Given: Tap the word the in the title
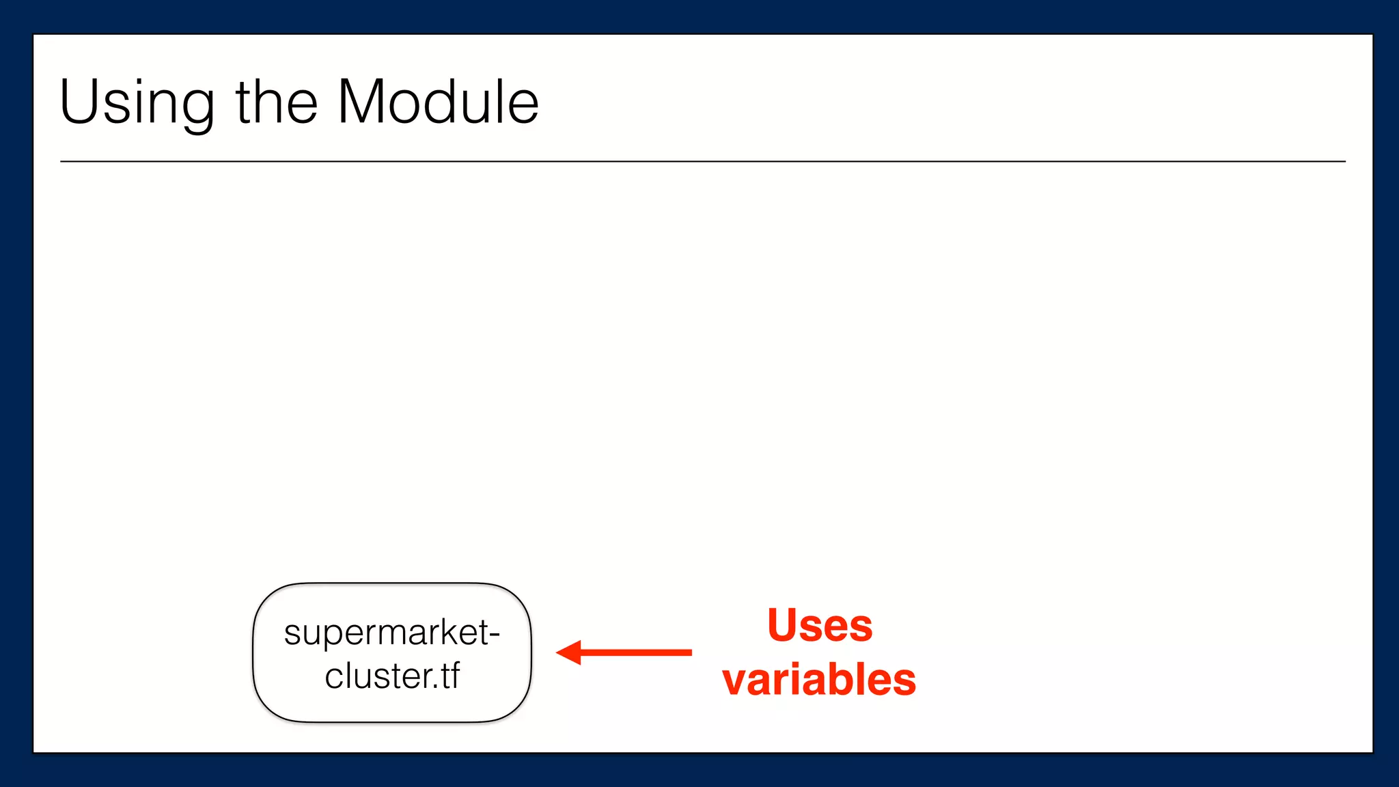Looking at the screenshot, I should click(x=277, y=102).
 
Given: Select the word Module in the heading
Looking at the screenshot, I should click(x=438, y=102).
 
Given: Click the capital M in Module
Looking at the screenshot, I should click(x=365, y=102).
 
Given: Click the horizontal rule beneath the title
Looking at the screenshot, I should click(x=702, y=161).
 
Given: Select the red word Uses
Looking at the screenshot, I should click(x=820, y=625).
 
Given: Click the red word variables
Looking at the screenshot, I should click(x=819, y=680).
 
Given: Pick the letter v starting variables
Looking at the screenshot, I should click(x=736, y=682).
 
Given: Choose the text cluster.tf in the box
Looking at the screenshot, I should click(x=391, y=676).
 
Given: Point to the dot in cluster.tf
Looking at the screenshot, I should click(x=435, y=687).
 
